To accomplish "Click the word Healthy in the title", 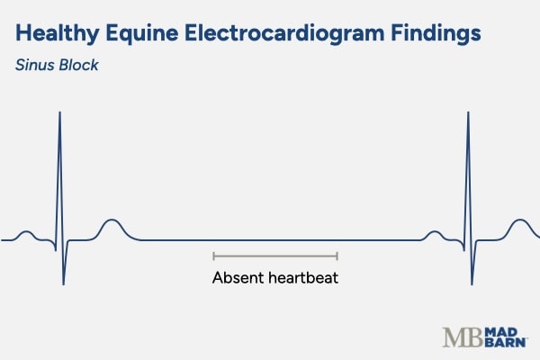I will [57, 33].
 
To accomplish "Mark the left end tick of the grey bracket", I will [213, 256].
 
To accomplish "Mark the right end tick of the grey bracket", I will [337, 256].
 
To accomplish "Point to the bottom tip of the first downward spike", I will [63, 284].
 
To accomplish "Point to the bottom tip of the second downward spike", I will [471, 284].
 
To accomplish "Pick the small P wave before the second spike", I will [434, 233].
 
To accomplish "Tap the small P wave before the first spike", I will [26, 233].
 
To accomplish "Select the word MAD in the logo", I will [506, 330].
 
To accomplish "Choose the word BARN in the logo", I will [508, 343].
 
